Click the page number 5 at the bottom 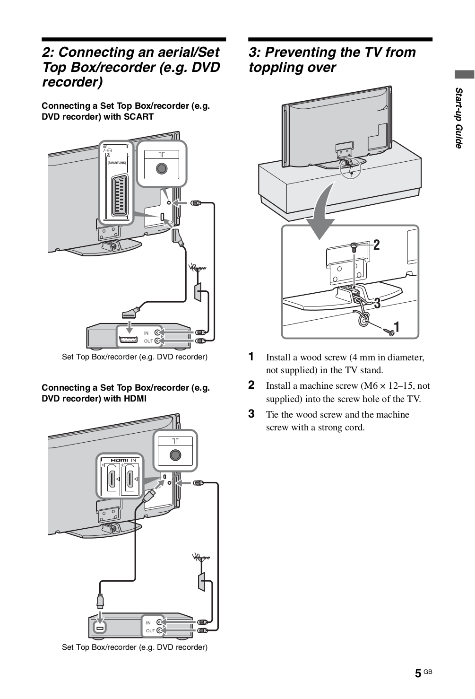pyautogui.click(x=418, y=673)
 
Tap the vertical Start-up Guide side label pyautogui.click(x=458, y=118)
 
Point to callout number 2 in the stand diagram pyautogui.click(x=376, y=245)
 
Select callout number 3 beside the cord pyautogui.click(x=377, y=303)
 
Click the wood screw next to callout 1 pyautogui.click(x=390, y=332)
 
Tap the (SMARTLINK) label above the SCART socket pyautogui.click(x=116, y=163)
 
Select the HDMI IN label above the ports pyautogui.click(x=123, y=460)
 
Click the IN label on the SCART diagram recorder pyautogui.click(x=146, y=333)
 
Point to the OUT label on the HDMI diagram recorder pyautogui.click(x=150, y=630)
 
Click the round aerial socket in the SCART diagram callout pyautogui.click(x=162, y=168)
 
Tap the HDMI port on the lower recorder pyautogui.click(x=100, y=627)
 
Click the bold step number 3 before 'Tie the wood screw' pyautogui.click(x=252, y=414)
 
